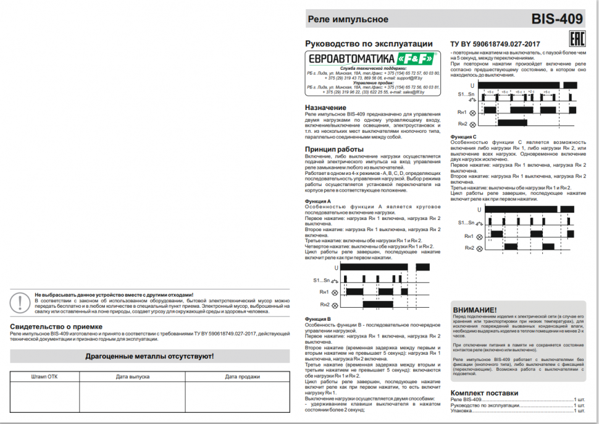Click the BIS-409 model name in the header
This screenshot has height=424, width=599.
pyautogui.click(x=557, y=19)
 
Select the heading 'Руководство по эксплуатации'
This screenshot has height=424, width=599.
pyautogui.click(x=369, y=44)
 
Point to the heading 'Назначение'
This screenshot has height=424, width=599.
pyautogui.click(x=326, y=108)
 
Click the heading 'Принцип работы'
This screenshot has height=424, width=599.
pyautogui.click(x=334, y=150)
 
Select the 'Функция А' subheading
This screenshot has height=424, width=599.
pyautogui.click(x=319, y=201)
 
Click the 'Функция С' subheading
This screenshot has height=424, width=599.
pyautogui.click(x=464, y=136)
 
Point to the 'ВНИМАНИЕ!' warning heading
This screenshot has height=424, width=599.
pyautogui.click(x=475, y=310)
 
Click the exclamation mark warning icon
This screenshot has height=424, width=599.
pyautogui.click(x=22, y=302)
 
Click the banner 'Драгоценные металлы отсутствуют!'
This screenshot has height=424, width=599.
pyautogui.click(x=149, y=357)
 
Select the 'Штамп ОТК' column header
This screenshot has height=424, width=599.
pyautogui.click(x=44, y=376)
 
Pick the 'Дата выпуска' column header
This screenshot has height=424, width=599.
pyautogui.click(x=132, y=376)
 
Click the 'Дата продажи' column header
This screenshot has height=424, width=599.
pyautogui.click(x=242, y=376)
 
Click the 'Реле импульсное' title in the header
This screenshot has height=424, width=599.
pyautogui.click(x=348, y=19)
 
